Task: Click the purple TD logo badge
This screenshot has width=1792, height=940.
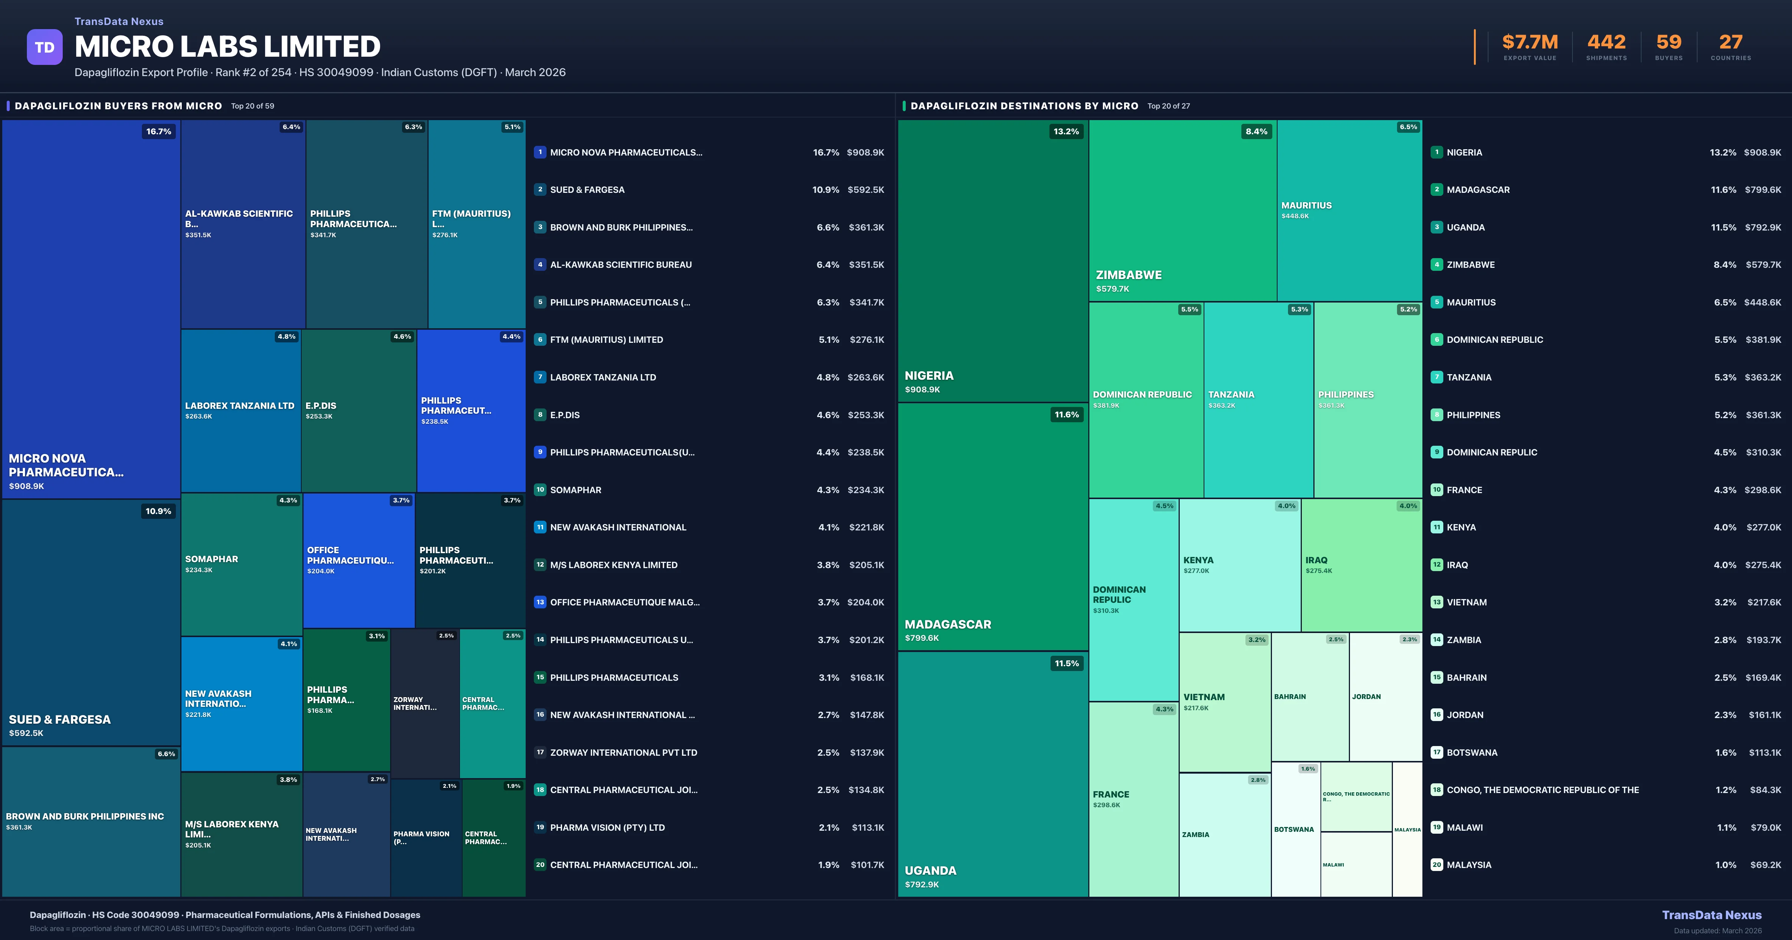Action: click(44, 47)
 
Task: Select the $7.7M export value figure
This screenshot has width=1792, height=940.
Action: click(1530, 43)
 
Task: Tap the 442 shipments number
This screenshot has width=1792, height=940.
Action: click(1606, 43)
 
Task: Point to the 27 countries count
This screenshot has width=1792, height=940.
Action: click(1731, 43)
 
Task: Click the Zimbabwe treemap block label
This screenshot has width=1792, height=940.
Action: click(1128, 275)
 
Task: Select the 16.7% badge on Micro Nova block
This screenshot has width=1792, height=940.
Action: click(159, 131)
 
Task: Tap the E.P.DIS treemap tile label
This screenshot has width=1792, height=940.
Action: click(321, 405)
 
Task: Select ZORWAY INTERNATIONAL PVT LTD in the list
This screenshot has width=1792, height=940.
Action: click(623, 752)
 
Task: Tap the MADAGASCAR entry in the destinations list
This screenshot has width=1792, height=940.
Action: click(1478, 190)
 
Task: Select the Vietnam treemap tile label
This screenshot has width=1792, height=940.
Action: click(1204, 697)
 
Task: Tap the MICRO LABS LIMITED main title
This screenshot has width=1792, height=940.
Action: click(227, 47)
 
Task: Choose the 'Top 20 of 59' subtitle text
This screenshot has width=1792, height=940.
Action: click(252, 106)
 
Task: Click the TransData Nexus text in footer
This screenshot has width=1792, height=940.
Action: click(1711, 915)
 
